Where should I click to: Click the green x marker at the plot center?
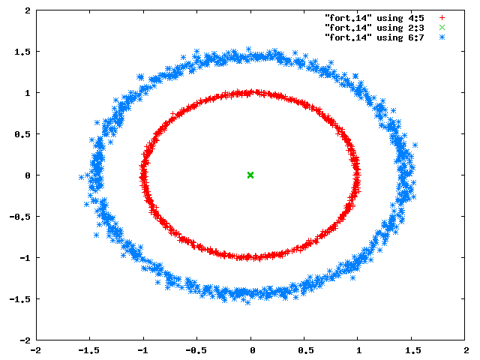[250, 175]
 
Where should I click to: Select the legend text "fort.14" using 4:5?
[374, 18]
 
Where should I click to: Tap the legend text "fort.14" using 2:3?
[374, 28]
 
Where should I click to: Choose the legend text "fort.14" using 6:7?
[374, 37]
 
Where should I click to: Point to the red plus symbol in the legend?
[442, 18]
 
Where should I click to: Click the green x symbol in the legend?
[442, 28]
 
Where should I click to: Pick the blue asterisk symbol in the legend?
[442, 37]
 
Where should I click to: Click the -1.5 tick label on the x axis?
[88, 350]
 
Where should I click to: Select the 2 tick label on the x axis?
[466, 350]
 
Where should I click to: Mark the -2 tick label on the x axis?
[36, 350]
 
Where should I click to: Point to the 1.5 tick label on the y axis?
[22, 52]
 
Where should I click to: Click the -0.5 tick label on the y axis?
[20, 217]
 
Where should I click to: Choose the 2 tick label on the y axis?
[28, 10]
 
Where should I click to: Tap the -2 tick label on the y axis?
[25, 340]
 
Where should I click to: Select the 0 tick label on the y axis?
[28, 175]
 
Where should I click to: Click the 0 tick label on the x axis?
[252, 350]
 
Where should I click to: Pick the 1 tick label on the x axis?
[358, 350]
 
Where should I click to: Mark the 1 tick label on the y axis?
[28, 93]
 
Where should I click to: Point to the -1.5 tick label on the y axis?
[20, 299]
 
